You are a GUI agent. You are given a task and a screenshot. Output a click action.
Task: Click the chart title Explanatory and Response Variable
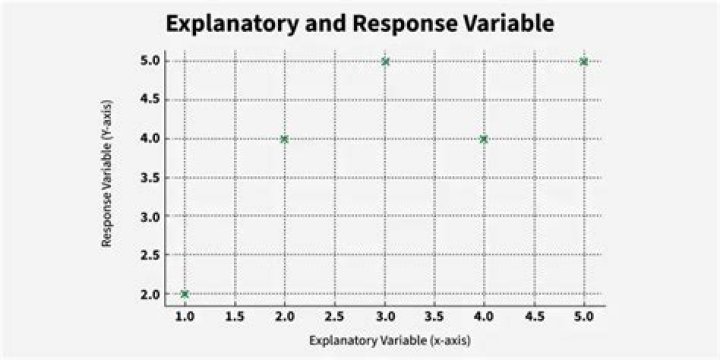tap(360, 24)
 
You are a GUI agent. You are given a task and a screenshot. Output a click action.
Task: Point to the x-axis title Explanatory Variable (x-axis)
tap(390, 341)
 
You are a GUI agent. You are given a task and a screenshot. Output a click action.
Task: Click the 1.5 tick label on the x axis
tap(235, 317)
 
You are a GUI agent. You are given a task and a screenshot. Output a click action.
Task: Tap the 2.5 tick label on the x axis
tap(334, 317)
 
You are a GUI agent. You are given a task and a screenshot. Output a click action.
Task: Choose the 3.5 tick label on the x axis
tap(434, 317)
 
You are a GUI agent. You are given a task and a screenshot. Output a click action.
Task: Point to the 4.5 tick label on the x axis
tap(534, 317)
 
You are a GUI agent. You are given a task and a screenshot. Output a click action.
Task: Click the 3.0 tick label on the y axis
tap(149, 216)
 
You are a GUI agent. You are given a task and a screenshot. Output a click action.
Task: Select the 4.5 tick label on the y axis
tap(149, 100)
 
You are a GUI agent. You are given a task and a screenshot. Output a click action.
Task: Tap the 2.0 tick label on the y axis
tap(149, 294)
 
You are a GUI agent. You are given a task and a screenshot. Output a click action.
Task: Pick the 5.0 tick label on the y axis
tap(149, 62)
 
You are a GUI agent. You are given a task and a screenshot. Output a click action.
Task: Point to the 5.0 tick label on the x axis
tap(584, 317)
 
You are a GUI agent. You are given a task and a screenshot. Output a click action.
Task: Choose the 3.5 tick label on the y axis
tap(149, 178)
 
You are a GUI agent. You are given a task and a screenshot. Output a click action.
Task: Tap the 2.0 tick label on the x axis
tap(284, 317)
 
